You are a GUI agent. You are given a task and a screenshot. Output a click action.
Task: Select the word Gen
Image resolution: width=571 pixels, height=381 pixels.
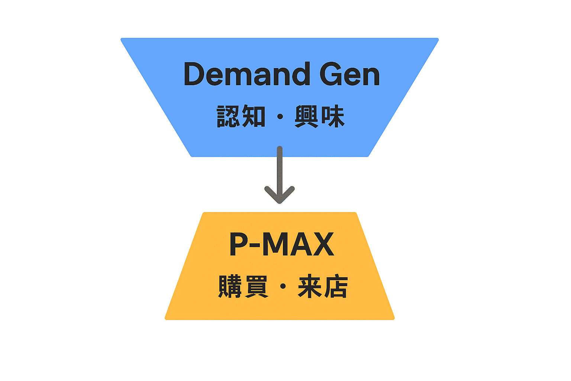tap(349, 74)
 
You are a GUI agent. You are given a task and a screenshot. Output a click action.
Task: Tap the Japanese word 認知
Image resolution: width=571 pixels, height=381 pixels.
tap(241, 116)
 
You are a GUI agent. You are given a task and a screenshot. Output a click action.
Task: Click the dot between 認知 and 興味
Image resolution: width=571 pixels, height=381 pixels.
tap(280, 117)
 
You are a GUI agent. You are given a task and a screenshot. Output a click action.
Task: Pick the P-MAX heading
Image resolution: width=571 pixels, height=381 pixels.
tap(282, 244)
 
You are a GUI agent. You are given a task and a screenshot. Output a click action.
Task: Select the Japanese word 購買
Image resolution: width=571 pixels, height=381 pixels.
tap(243, 286)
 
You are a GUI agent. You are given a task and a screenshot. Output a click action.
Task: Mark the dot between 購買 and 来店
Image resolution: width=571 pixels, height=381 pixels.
tap(283, 286)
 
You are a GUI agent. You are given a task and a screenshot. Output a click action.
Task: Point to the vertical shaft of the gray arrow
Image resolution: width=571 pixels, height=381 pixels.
tap(280, 167)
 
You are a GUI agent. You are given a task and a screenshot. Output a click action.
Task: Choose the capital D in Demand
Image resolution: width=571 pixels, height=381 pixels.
tap(195, 74)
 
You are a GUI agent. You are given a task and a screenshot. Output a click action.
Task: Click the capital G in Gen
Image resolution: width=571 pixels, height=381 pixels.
tap(332, 74)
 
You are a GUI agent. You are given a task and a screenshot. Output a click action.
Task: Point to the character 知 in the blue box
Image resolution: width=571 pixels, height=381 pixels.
tap(254, 116)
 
